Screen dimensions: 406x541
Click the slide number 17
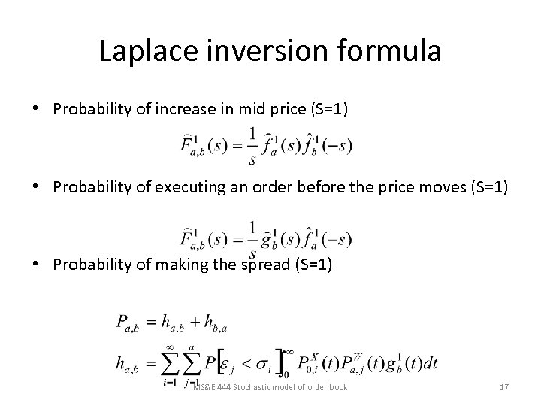point(504,388)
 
